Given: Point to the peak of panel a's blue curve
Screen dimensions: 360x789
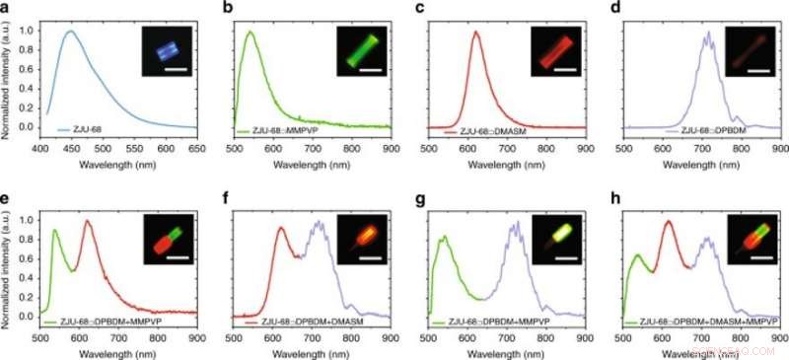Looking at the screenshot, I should click(71, 31).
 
